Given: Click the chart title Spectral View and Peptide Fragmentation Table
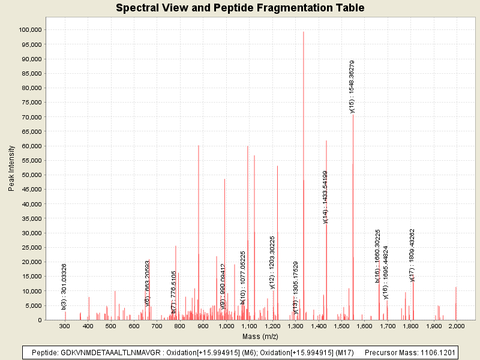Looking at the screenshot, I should pos(240,8).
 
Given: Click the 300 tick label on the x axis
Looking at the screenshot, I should pos(65,326).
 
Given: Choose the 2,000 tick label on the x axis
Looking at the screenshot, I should pos(457,326).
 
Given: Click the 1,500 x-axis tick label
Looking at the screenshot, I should pos(341,326).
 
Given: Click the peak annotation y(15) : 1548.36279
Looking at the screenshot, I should pos(352,86).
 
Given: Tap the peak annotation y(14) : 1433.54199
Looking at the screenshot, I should pos(325,196).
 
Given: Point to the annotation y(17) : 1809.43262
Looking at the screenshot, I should pos(412,254).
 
